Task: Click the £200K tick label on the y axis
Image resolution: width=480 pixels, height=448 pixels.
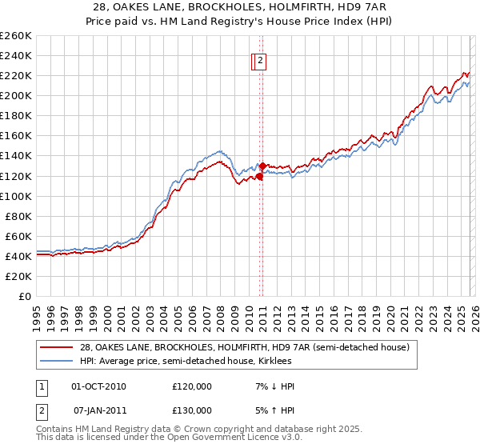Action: [x=15, y=95]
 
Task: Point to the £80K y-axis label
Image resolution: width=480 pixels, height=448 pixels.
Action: [x=18, y=216]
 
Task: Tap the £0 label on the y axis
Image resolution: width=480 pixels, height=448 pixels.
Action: [x=25, y=296]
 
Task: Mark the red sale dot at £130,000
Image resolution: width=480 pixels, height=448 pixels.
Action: [x=263, y=166]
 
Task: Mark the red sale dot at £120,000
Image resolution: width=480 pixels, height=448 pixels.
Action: [x=259, y=176]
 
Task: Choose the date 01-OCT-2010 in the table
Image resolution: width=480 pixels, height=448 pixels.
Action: [x=98, y=386]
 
